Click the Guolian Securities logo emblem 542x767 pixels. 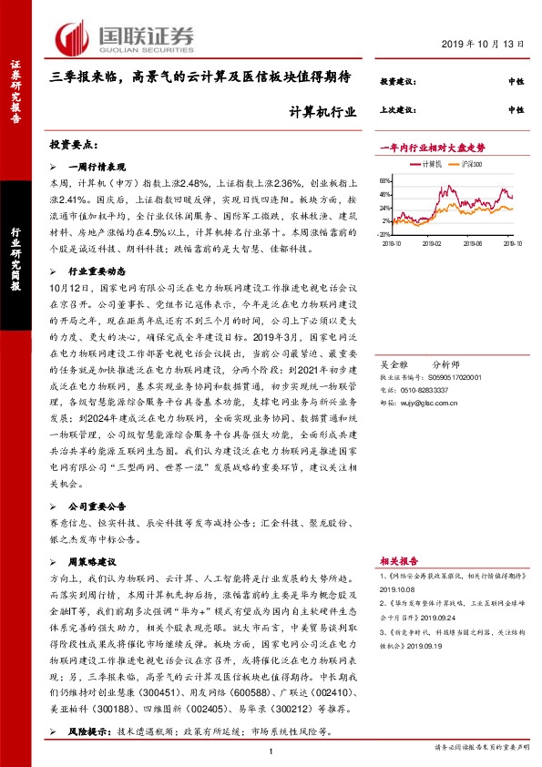(x=71, y=38)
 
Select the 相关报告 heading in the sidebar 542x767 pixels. (x=399, y=563)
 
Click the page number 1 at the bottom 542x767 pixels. (x=271, y=750)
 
